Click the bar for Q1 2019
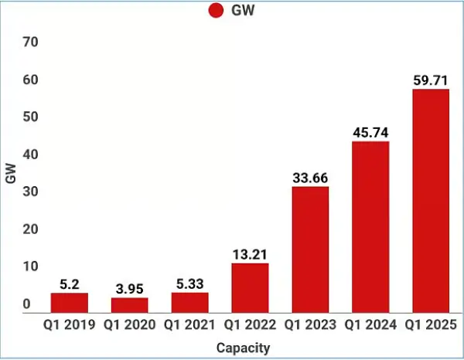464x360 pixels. (69, 302)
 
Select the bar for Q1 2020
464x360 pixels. (129, 304)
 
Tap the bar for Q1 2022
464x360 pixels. (250, 287)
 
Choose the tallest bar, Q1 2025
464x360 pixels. (431, 200)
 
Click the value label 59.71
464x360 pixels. (431, 80)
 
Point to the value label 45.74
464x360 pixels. (370, 132)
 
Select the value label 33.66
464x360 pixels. (310, 178)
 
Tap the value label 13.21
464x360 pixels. (250, 253)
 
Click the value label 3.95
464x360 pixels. (129, 288)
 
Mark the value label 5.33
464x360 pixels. (189, 284)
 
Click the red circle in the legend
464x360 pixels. (216, 11)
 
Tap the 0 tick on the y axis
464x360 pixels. (26, 304)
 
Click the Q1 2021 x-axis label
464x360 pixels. (189, 325)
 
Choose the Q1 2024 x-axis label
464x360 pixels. (370, 325)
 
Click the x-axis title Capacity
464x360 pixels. (243, 348)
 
